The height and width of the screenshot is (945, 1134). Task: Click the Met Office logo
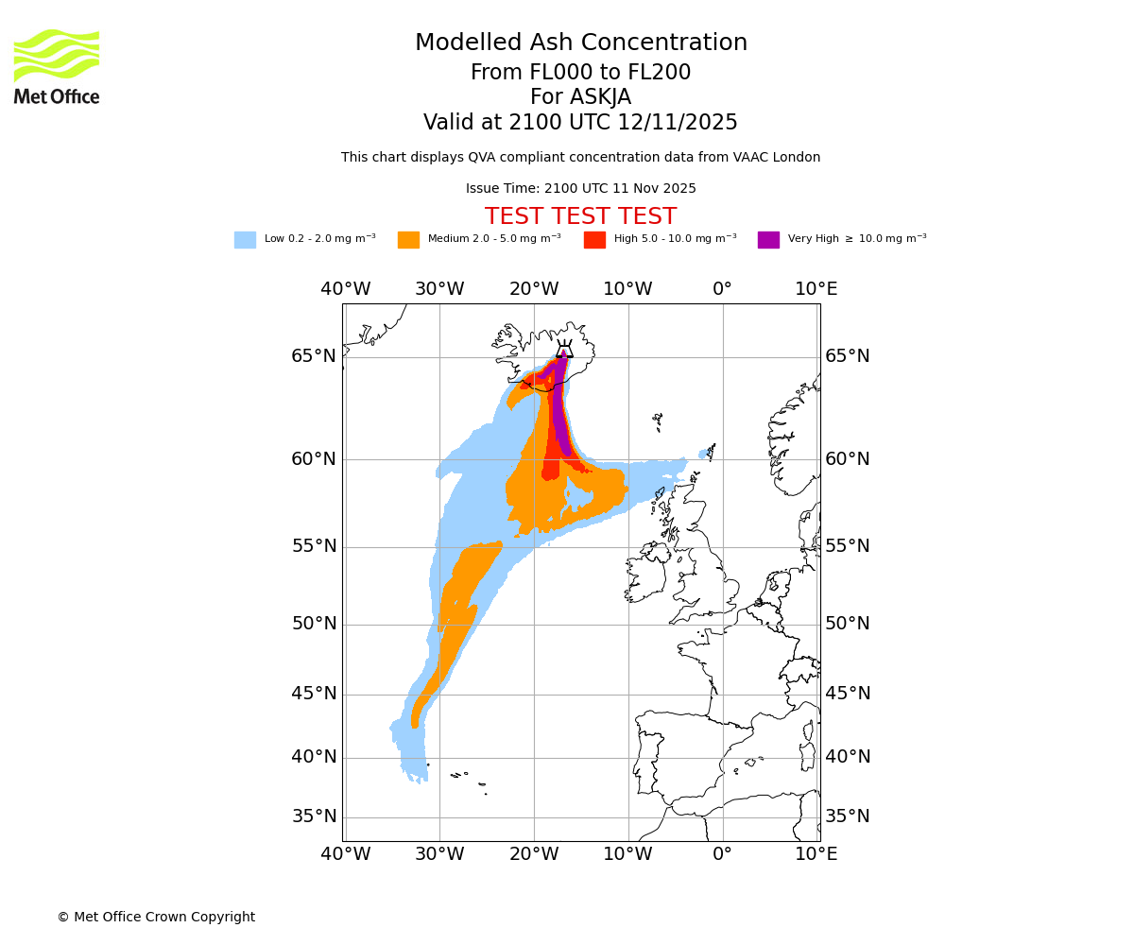click(x=57, y=66)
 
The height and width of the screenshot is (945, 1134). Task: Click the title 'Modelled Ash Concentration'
click(x=580, y=43)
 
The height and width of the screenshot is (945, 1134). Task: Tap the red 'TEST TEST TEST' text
click(x=580, y=217)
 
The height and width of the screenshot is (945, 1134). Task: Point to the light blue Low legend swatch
click(x=245, y=240)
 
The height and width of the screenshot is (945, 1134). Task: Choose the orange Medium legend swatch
click(x=408, y=240)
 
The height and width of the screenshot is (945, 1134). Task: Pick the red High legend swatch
click(x=594, y=240)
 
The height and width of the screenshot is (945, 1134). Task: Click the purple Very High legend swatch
click(x=768, y=240)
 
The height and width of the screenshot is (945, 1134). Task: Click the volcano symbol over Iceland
click(x=564, y=349)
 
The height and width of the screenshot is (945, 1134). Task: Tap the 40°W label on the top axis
click(x=345, y=289)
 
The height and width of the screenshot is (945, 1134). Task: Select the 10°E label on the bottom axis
click(x=816, y=854)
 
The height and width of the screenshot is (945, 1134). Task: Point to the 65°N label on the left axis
click(x=314, y=356)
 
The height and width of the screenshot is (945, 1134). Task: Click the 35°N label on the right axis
click(x=848, y=816)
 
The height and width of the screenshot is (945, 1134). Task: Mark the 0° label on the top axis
click(x=722, y=289)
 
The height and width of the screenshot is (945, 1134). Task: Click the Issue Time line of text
click(x=580, y=189)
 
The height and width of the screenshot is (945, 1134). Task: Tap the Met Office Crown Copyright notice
click(x=156, y=918)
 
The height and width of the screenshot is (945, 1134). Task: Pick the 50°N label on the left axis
click(x=314, y=624)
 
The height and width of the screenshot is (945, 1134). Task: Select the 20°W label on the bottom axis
click(x=534, y=854)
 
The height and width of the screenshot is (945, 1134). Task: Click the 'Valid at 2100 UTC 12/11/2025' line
click(x=580, y=123)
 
